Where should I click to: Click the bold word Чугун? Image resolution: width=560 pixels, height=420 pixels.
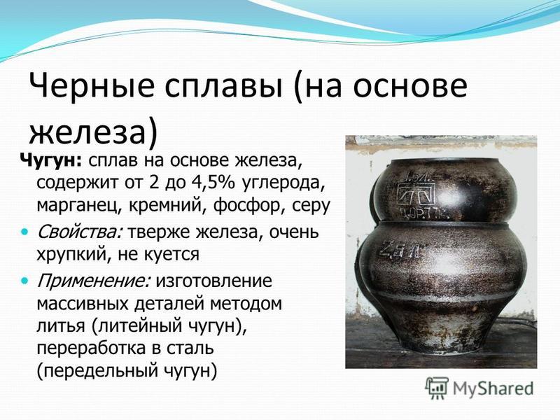[x=50, y=161]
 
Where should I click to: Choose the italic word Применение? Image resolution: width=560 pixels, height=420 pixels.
[x=94, y=281]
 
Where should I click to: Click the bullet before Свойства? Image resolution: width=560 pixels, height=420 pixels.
[x=24, y=232]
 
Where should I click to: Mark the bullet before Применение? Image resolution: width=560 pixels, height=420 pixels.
[x=24, y=281]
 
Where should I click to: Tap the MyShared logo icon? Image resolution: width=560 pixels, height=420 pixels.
[x=436, y=388]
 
